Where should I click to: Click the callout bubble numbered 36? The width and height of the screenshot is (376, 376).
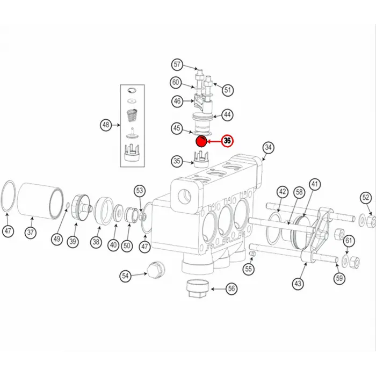(x=228, y=141)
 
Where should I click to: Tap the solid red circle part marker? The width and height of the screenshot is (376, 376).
(x=200, y=142)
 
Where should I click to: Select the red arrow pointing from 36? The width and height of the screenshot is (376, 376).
(x=214, y=142)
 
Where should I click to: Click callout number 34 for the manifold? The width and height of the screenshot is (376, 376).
(x=269, y=148)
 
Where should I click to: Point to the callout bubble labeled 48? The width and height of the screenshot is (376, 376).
(x=106, y=126)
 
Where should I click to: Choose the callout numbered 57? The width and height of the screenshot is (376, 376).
(x=177, y=65)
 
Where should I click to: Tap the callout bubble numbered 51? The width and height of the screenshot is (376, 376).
(x=228, y=90)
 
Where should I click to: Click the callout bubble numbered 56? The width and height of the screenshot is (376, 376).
(x=232, y=288)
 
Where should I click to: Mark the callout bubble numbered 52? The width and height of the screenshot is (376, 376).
(x=365, y=198)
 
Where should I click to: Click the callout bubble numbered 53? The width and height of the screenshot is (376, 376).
(x=140, y=190)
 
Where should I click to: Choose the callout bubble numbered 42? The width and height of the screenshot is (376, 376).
(x=283, y=192)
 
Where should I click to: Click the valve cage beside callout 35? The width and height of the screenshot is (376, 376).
(x=200, y=160)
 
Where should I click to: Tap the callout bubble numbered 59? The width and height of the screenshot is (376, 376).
(x=339, y=278)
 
